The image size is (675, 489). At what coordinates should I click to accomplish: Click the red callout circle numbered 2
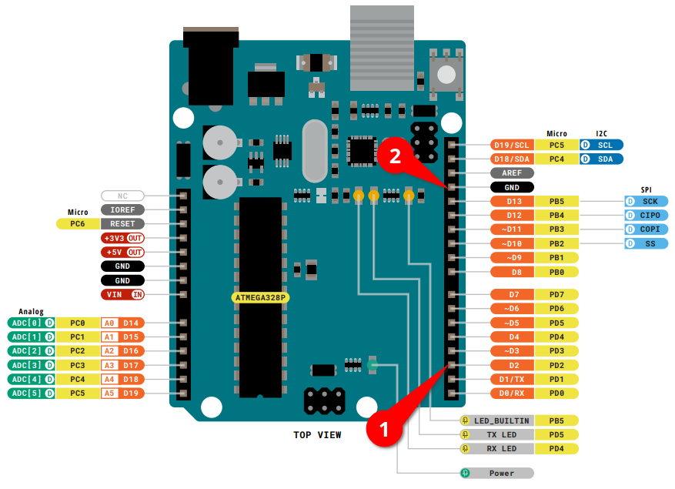tap(395, 156)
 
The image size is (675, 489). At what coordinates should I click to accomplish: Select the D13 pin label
tap(515, 202)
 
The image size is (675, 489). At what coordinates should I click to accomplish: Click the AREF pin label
tap(512, 173)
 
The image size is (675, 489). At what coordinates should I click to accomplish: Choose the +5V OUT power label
tap(123, 252)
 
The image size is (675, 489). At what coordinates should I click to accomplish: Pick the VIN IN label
tap(123, 294)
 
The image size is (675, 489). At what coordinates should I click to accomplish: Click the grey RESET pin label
tap(122, 223)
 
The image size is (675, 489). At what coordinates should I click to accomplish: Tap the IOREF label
tap(122, 209)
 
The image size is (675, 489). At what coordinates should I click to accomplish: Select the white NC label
tap(122, 196)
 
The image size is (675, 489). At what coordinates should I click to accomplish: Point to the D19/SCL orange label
tap(512, 145)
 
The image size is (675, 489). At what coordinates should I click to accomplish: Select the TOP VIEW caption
tap(317, 435)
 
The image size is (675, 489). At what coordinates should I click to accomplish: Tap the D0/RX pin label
tap(515, 394)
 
